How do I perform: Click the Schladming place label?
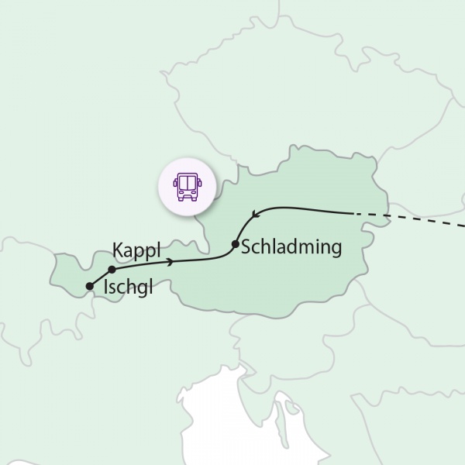tap(291, 248)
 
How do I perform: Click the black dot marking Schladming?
tap(235, 246)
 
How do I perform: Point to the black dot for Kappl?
tap(112, 270)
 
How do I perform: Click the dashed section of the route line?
tap(418, 222)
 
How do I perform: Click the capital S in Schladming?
tap(246, 248)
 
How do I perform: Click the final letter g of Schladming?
tap(336, 250)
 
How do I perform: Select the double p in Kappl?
tap(147, 253)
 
